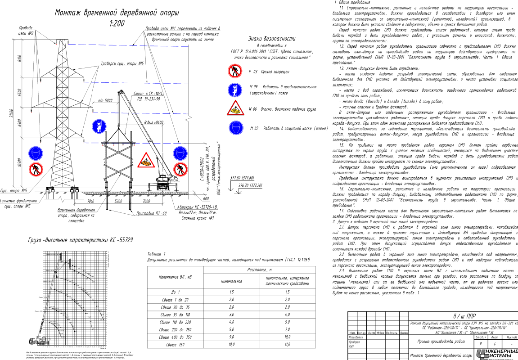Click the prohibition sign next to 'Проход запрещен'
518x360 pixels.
(234, 71)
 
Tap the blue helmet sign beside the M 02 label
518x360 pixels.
(234, 128)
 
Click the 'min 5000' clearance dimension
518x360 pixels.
(105, 101)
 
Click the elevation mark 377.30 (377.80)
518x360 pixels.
(242, 178)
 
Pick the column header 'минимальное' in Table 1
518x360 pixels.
(232, 281)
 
